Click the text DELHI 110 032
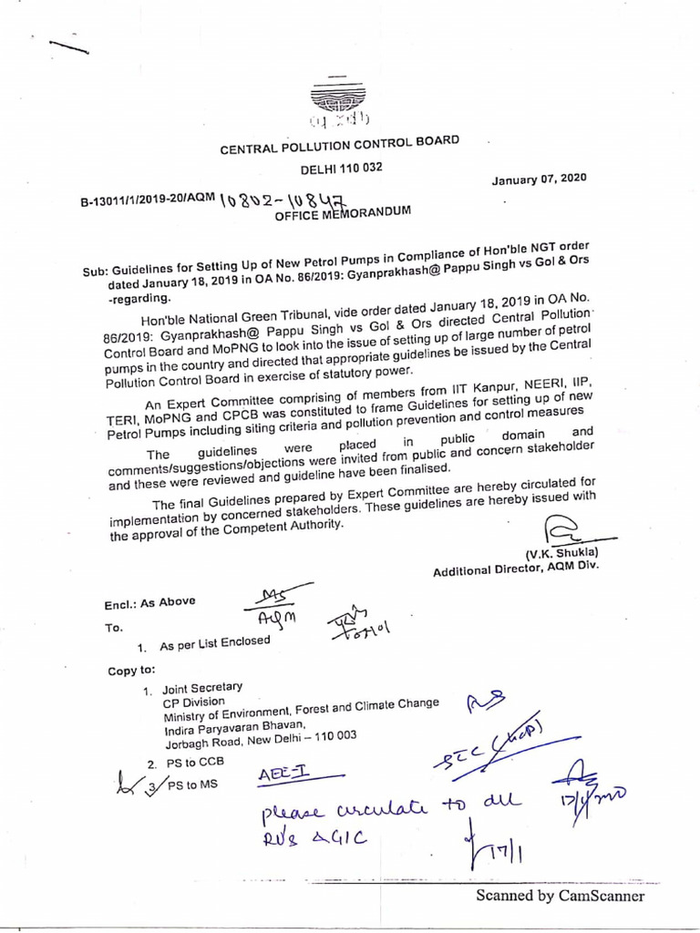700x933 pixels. point(342,169)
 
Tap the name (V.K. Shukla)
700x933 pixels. point(561,554)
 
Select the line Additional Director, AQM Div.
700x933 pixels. point(516,569)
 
